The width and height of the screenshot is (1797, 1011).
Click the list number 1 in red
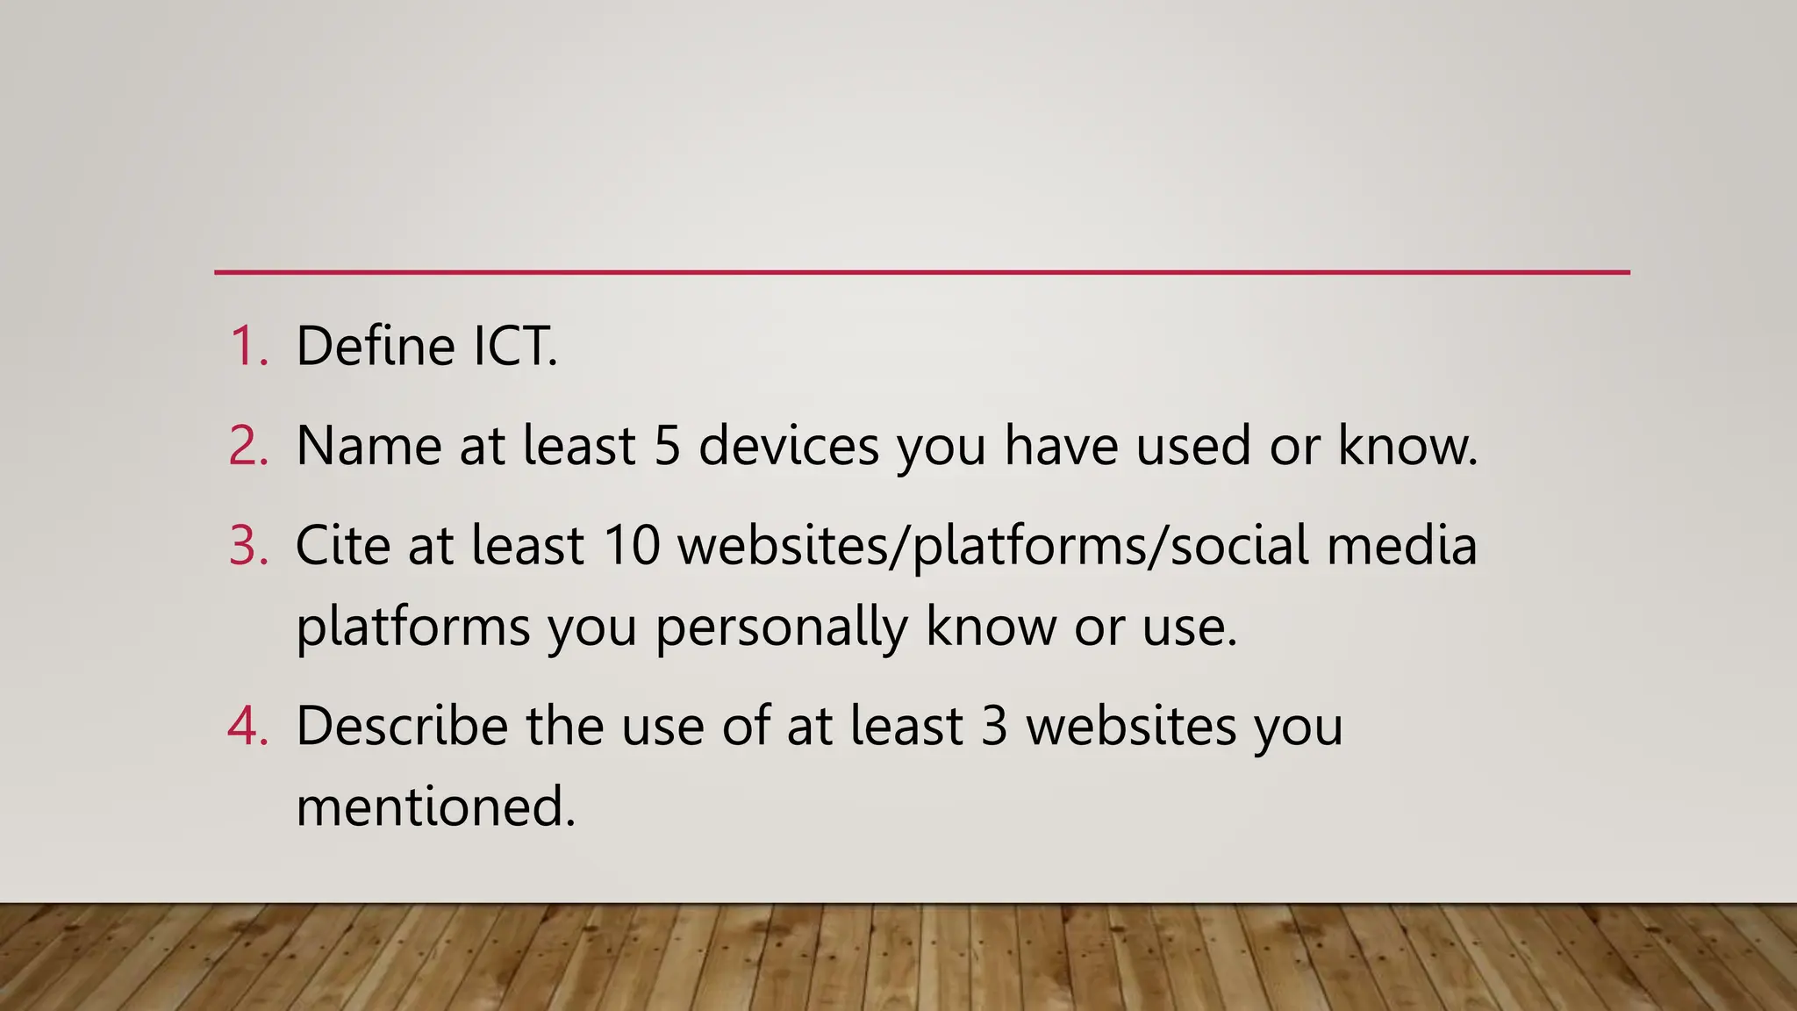click(247, 346)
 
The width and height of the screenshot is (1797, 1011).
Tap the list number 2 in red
click(247, 446)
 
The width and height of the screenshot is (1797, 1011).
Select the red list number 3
click(247, 545)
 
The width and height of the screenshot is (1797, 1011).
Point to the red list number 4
click(247, 727)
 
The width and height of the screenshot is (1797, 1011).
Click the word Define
click(376, 346)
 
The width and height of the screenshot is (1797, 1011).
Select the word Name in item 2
click(369, 446)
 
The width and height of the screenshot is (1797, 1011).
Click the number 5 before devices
click(667, 446)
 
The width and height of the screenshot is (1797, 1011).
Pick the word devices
click(789, 446)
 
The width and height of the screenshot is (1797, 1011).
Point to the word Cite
click(343, 545)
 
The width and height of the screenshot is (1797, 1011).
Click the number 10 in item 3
click(631, 545)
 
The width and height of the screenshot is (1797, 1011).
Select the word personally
click(781, 628)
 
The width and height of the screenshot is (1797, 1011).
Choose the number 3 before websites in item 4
click(993, 727)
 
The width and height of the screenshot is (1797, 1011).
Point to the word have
click(1061, 446)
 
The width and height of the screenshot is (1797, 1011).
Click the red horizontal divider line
click(921, 272)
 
